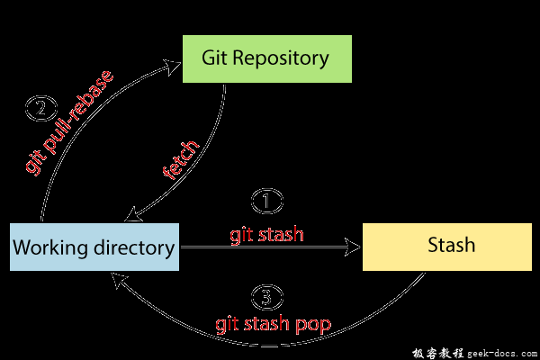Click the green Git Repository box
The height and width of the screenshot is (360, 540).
(266, 58)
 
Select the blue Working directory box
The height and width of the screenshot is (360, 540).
(94, 246)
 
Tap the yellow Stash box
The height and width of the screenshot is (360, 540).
(446, 245)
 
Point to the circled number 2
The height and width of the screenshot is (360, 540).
(40, 110)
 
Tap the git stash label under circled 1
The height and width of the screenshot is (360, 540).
(266, 234)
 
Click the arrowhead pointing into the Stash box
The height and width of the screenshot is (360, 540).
(355, 246)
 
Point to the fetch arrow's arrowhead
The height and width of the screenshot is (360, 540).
(132, 216)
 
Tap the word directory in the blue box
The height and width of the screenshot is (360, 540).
(134, 247)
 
